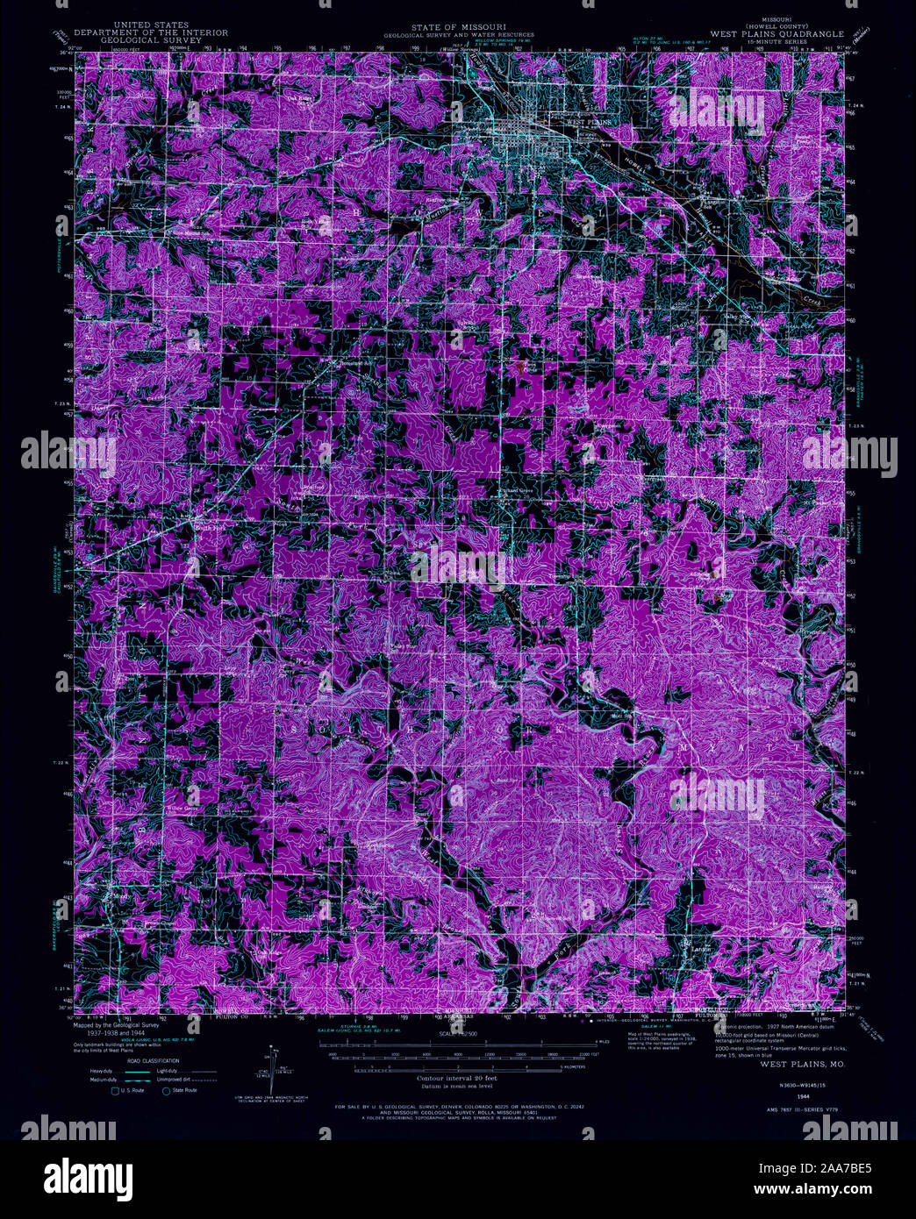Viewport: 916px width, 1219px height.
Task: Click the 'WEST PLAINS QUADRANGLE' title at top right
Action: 776,34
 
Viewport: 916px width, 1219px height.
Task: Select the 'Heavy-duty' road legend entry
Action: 101,1072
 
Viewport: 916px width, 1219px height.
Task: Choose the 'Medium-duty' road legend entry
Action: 101,1080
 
